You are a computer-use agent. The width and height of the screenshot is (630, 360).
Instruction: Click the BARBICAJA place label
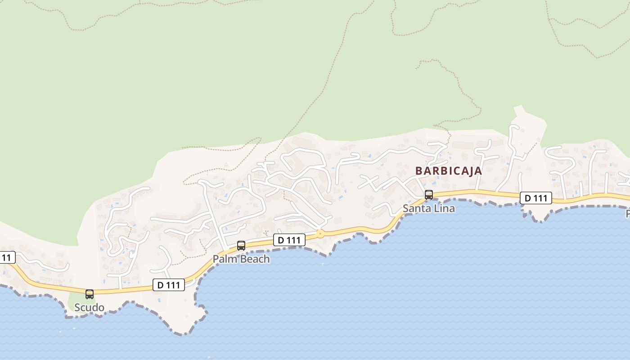tap(448, 171)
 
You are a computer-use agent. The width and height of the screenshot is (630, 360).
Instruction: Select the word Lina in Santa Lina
tap(444, 208)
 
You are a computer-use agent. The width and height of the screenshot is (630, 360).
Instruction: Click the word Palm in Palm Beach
tap(223, 259)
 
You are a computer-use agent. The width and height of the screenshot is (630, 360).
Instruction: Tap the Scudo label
tap(89, 308)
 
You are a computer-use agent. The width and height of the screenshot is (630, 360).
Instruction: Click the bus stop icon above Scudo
tap(90, 294)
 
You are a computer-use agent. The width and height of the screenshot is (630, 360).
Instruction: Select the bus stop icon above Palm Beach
tap(241, 245)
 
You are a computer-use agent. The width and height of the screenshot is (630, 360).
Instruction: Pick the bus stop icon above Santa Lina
tap(429, 194)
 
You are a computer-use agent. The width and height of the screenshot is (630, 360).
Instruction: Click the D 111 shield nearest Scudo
tap(169, 285)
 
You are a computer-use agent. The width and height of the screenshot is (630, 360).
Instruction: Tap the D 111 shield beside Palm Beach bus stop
tap(289, 240)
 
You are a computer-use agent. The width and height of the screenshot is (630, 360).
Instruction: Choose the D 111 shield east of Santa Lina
tap(536, 198)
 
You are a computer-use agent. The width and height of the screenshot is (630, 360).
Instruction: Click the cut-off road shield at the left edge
tap(6, 258)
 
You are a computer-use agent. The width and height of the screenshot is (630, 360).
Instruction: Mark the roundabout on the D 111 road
tap(320, 234)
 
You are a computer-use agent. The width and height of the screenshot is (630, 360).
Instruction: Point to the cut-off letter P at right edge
tap(627, 213)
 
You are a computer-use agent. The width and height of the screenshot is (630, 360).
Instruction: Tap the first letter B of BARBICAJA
tap(418, 171)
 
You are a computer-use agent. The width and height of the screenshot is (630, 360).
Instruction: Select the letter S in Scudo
tap(77, 308)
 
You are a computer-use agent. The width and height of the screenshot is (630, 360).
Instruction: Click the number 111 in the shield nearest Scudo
tap(173, 285)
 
